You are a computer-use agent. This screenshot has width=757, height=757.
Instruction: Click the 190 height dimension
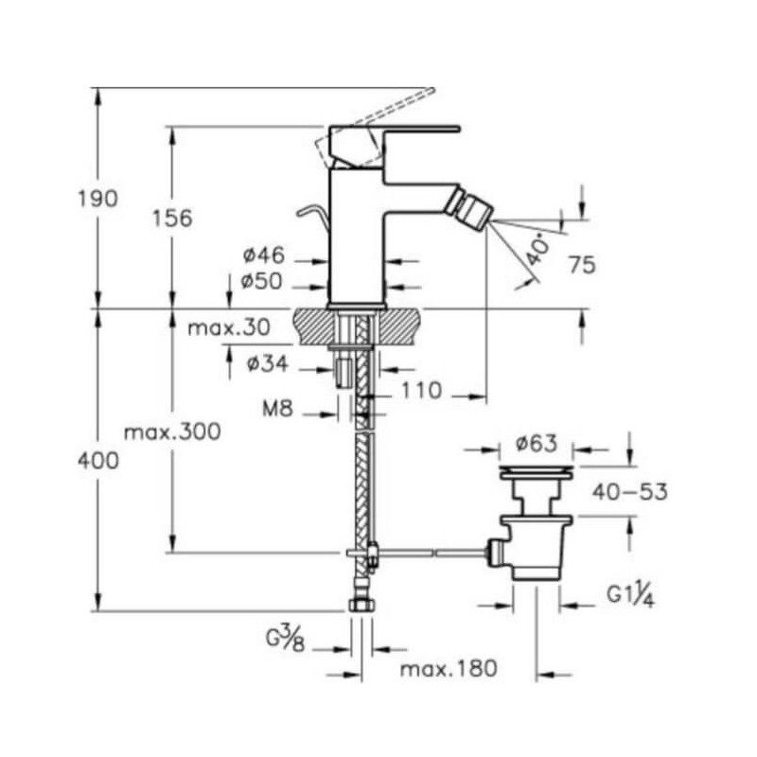(x=98, y=199)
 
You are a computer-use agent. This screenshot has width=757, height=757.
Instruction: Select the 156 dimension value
(x=172, y=218)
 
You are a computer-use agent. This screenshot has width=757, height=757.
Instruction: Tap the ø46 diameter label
(x=264, y=255)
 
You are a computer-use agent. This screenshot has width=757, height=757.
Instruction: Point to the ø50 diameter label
(x=261, y=281)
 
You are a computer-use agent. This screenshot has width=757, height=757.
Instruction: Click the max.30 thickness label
(x=229, y=327)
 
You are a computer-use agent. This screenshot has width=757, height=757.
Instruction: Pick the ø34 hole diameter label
(x=268, y=363)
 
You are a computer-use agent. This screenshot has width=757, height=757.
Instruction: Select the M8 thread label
(x=277, y=410)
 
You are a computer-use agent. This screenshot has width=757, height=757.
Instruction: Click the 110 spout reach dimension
(x=421, y=390)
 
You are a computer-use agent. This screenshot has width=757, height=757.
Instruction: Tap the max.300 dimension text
(x=172, y=431)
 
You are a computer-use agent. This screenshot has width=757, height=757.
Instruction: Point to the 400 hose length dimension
(x=98, y=461)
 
